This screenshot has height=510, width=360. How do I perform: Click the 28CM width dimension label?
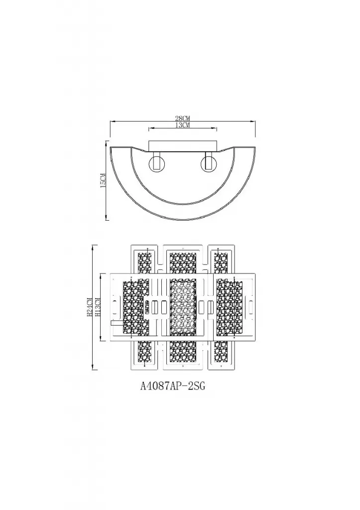pyautogui.click(x=182, y=118)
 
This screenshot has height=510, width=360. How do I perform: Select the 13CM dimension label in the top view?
pyautogui.click(x=182, y=125)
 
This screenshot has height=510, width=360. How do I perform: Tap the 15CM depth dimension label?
pyautogui.click(x=104, y=180)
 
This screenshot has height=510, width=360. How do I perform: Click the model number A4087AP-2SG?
pyautogui.click(x=173, y=386)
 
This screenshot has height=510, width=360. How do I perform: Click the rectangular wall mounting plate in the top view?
pyautogui.click(x=182, y=146)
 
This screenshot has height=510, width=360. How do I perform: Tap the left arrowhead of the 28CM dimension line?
pyautogui.click(x=112, y=122)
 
